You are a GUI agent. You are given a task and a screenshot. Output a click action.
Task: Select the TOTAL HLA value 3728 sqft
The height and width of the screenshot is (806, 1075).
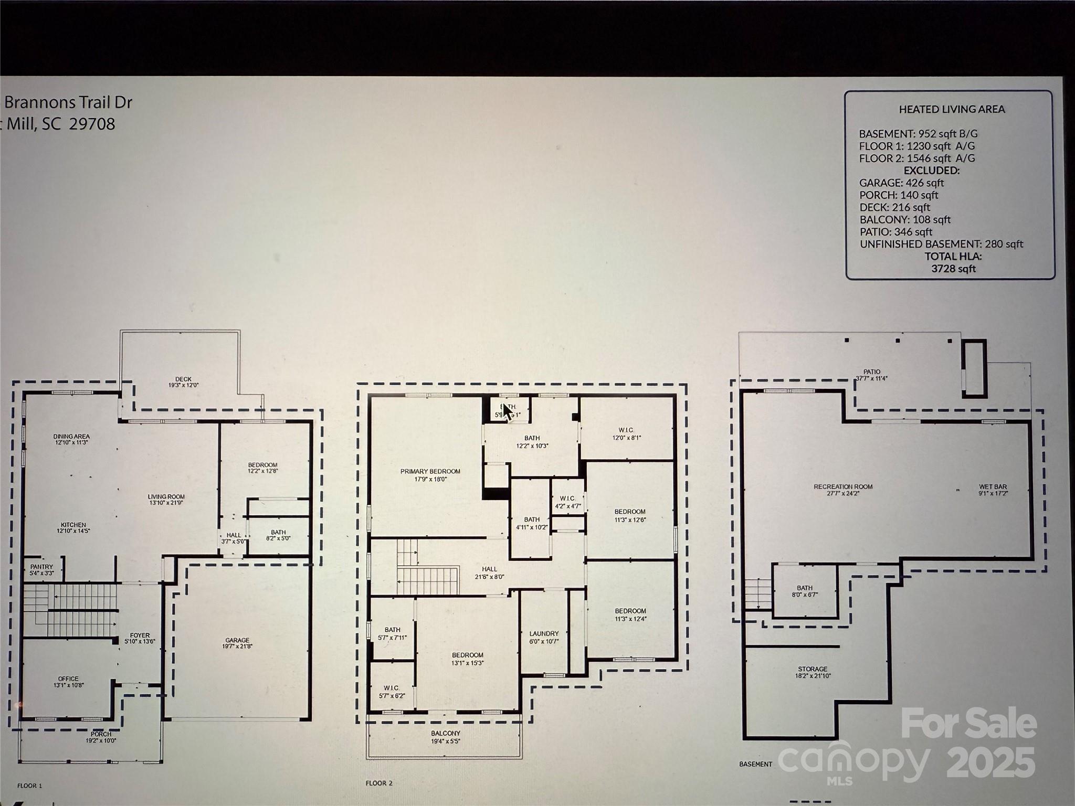(953, 269)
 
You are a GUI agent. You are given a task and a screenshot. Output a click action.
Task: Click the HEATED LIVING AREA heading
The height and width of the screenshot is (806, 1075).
(952, 109)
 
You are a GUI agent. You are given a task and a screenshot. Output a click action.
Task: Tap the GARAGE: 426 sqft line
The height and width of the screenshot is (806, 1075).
(901, 183)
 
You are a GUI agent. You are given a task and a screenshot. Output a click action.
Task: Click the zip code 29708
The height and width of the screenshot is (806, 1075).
(92, 124)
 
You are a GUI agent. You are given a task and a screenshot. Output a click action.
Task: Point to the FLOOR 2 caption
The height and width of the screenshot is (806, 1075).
(379, 783)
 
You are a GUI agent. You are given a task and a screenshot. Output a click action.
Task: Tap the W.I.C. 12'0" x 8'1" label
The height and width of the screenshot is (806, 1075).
(627, 433)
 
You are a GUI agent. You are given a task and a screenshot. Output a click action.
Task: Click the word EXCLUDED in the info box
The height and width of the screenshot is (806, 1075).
(931, 171)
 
